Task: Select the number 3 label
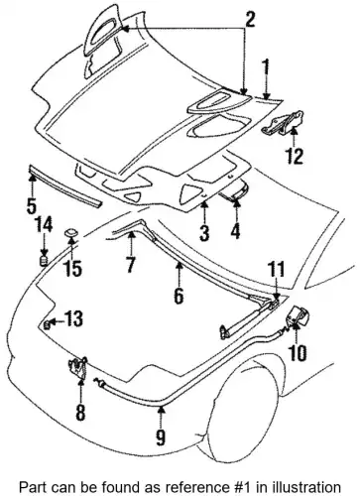coord(204,232)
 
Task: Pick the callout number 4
coord(235,228)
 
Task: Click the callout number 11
coord(277,270)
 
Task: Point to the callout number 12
coord(294,155)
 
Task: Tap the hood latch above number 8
coord(78,367)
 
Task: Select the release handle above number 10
coord(298,316)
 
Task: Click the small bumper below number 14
coord(44,260)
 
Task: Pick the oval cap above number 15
coord(71,233)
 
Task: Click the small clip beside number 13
coord(47,324)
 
